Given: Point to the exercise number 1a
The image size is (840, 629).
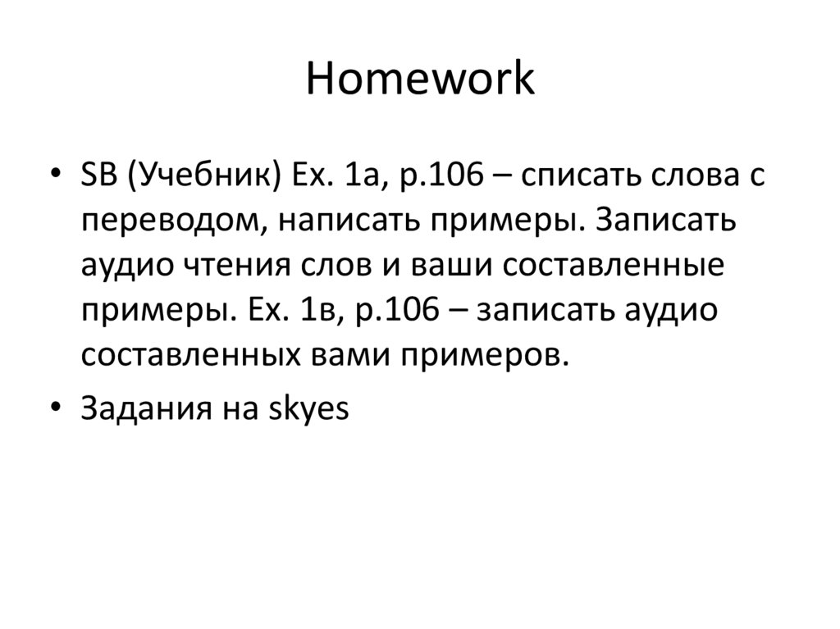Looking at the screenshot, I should (x=357, y=177).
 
